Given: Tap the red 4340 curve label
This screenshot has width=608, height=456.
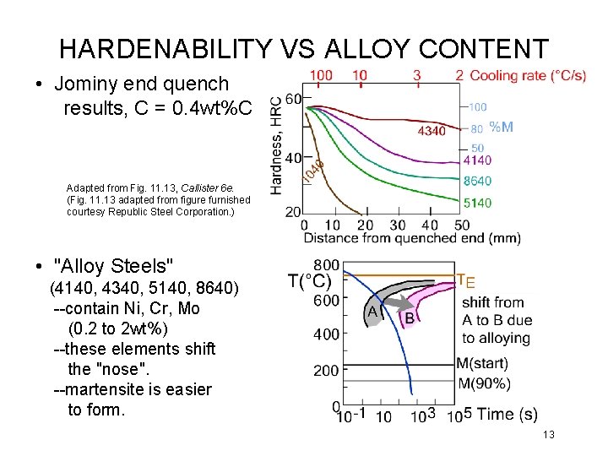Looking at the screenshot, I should pos(432,131).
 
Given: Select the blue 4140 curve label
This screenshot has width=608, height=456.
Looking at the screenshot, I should pos(477,160).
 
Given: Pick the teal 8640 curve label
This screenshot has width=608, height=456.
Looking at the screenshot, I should pos(477,181).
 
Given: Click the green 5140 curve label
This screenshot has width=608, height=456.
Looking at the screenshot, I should pos(477,202).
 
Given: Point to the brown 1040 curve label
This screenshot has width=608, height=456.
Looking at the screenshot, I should pos(312,172).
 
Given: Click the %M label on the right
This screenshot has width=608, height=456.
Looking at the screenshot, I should pos(501,128).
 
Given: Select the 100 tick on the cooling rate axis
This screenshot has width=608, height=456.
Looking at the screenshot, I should pos(321,75).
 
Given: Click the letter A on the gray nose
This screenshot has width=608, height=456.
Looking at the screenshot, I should pos(372,312).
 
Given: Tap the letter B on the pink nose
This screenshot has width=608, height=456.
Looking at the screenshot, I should pos(410,318).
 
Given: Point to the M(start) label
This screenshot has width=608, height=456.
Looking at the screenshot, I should pos(481,364).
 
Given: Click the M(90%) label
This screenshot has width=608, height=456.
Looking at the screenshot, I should pos(483,384).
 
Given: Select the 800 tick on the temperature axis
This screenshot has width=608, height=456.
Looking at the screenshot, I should pos(327,265).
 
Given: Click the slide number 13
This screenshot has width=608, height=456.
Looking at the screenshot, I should pos(548,434).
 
